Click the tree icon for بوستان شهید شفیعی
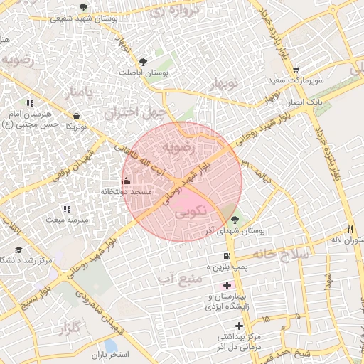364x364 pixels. pos(84,7)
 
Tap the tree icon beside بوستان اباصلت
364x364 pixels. pos(144,62)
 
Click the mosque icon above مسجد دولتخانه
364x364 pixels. pos(127,181)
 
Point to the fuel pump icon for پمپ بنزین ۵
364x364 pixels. pos(227,256)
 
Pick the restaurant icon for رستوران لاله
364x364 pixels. pos(349,229)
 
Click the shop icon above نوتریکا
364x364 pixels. pos(76,115)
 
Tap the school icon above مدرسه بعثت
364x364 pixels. pos(68,210)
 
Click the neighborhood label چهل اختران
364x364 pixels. pos(135,112)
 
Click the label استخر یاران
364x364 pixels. pos(108,354)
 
